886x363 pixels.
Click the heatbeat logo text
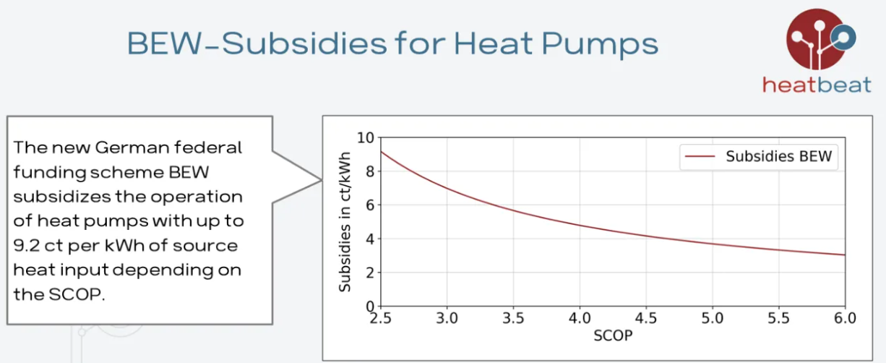(x=817, y=85)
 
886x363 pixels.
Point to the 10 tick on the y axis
(x=366, y=137)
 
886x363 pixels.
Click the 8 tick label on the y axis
(x=370, y=171)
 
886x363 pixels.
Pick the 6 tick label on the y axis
(x=370, y=205)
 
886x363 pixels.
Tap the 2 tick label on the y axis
(x=370, y=273)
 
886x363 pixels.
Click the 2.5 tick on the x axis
(x=381, y=319)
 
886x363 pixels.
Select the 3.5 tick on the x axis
(x=513, y=319)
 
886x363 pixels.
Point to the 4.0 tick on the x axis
(x=580, y=319)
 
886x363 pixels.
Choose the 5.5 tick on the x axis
(x=778, y=319)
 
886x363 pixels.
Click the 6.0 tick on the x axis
(x=845, y=319)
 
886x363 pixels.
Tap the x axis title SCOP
(x=612, y=337)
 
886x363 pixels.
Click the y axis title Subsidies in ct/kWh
(x=345, y=221)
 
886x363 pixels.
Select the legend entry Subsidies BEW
(x=778, y=157)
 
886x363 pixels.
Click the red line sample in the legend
(x=697, y=157)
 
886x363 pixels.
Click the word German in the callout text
(x=134, y=148)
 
